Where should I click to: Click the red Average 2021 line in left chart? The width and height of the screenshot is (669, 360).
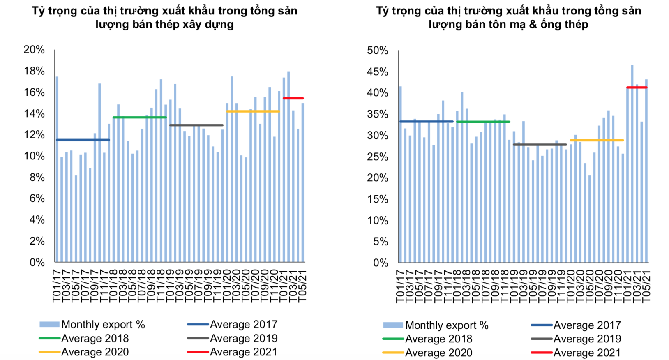pyautogui.click(x=293, y=98)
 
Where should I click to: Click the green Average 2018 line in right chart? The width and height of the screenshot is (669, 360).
pyautogui.click(x=483, y=122)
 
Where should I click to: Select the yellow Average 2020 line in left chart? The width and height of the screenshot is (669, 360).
pyautogui.click(x=253, y=111)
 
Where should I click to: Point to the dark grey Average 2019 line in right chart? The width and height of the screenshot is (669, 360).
pyautogui.click(x=540, y=145)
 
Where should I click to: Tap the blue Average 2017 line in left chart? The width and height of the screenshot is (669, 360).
pyautogui.click(x=83, y=140)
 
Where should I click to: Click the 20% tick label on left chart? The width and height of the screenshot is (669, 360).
pyautogui.click(x=34, y=50)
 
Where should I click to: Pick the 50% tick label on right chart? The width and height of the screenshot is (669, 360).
pyautogui.click(x=378, y=51)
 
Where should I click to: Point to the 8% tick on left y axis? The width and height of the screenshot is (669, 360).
pyautogui.click(x=37, y=177)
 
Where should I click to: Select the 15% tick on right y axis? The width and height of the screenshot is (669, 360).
pyautogui.click(x=378, y=199)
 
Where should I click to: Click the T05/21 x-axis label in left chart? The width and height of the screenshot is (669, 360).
pyautogui.click(x=302, y=286)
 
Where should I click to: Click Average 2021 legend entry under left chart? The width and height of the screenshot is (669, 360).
pyautogui.click(x=243, y=352)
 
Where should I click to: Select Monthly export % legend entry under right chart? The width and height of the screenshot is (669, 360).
pyautogui.click(x=447, y=325)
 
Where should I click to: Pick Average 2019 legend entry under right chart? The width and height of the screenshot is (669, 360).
pyautogui.click(x=587, y=339)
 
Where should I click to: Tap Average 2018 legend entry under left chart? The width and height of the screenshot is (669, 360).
pyautogui.click(x=95, y=339)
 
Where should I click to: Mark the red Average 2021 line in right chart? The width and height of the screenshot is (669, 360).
pyautogui.click(x=637, y=88)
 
